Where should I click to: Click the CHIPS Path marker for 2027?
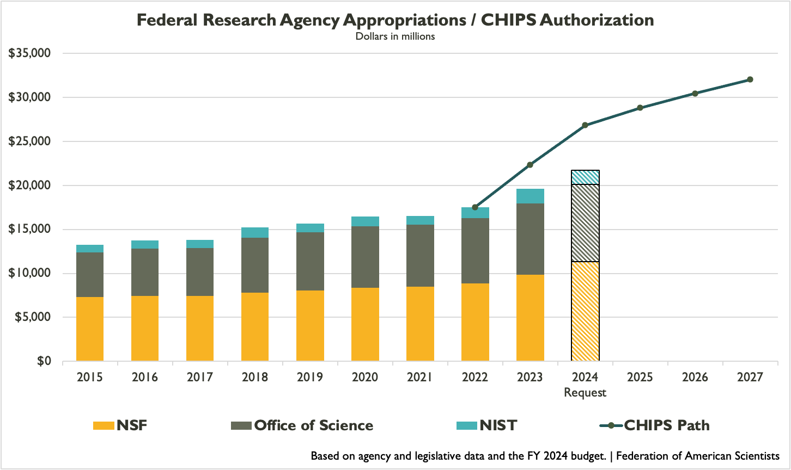point(750,79)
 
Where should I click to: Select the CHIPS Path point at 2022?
point(475,207)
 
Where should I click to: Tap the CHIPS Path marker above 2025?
point(640,108)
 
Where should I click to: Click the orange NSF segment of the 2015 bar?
point(90,329)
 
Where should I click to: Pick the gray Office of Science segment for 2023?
point(530,239)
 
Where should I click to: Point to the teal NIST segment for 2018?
point(255,233)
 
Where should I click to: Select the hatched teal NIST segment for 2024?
point(585,177)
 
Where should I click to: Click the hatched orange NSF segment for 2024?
point(585,311)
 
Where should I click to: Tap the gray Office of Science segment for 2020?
point(365,257)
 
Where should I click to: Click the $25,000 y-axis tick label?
point(30,141)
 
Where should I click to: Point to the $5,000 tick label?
point(33,317)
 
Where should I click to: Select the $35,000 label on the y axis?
point(30,53)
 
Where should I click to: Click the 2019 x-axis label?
point(310,377)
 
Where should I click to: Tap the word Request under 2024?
point(585,392)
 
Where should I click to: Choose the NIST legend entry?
point(497,425)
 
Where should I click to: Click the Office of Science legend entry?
point(313,425)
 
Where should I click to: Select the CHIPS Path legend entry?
point(666,425)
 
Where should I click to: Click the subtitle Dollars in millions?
point(395,36)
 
